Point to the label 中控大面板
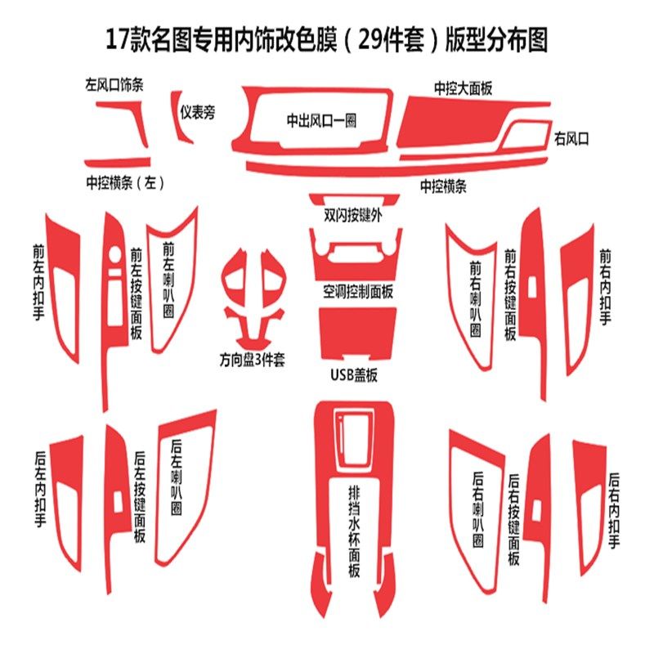click(464, 87)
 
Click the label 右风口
click(571, 138)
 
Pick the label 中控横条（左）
click(124, 183)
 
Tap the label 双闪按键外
click(353, 216)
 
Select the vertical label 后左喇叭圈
click(176, 479)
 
